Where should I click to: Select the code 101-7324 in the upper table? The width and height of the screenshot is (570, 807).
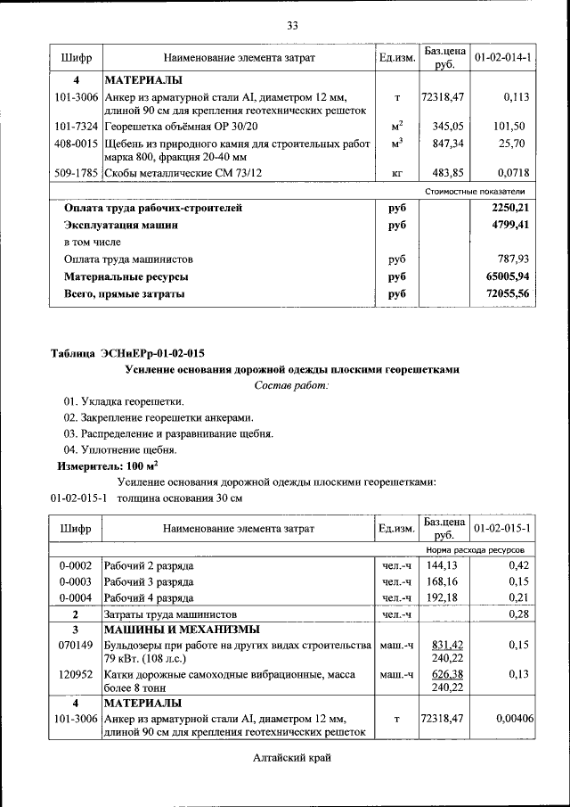tap(76, 126)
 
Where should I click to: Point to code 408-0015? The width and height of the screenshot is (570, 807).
tap(76, 143)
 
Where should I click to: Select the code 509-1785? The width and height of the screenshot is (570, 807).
tap(76, 173)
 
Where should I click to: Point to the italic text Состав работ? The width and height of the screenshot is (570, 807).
tap(291, 385)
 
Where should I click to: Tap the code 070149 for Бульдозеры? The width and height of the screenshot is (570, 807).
tap(76, 644)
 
